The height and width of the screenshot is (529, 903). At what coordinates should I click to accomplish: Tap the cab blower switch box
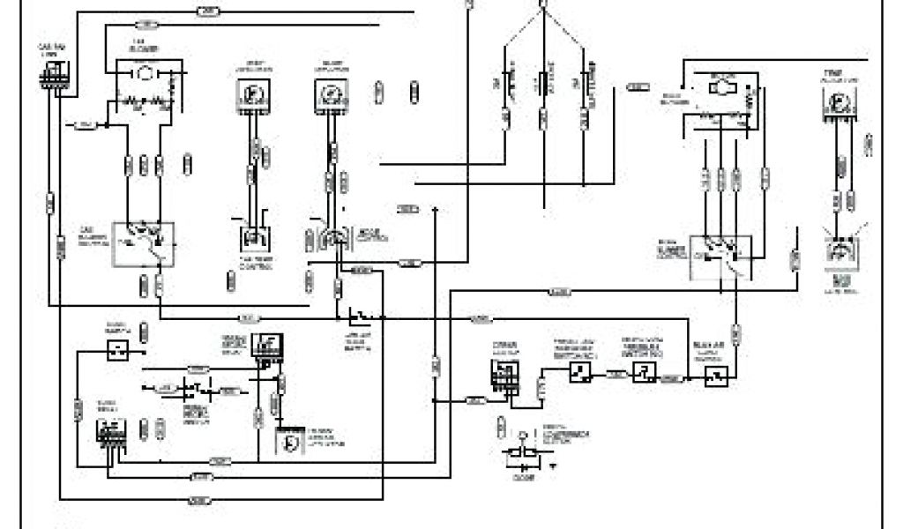tap(144, 244)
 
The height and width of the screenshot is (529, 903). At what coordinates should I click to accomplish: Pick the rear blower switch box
tap(720, 256)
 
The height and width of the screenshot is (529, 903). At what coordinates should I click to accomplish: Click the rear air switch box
tap(715, 376)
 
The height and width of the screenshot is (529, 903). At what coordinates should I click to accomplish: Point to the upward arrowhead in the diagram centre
tap(436, 211)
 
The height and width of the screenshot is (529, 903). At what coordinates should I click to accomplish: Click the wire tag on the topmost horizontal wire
tap(207, 11)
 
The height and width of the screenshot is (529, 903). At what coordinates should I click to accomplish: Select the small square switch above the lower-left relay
tap(117, 351)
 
